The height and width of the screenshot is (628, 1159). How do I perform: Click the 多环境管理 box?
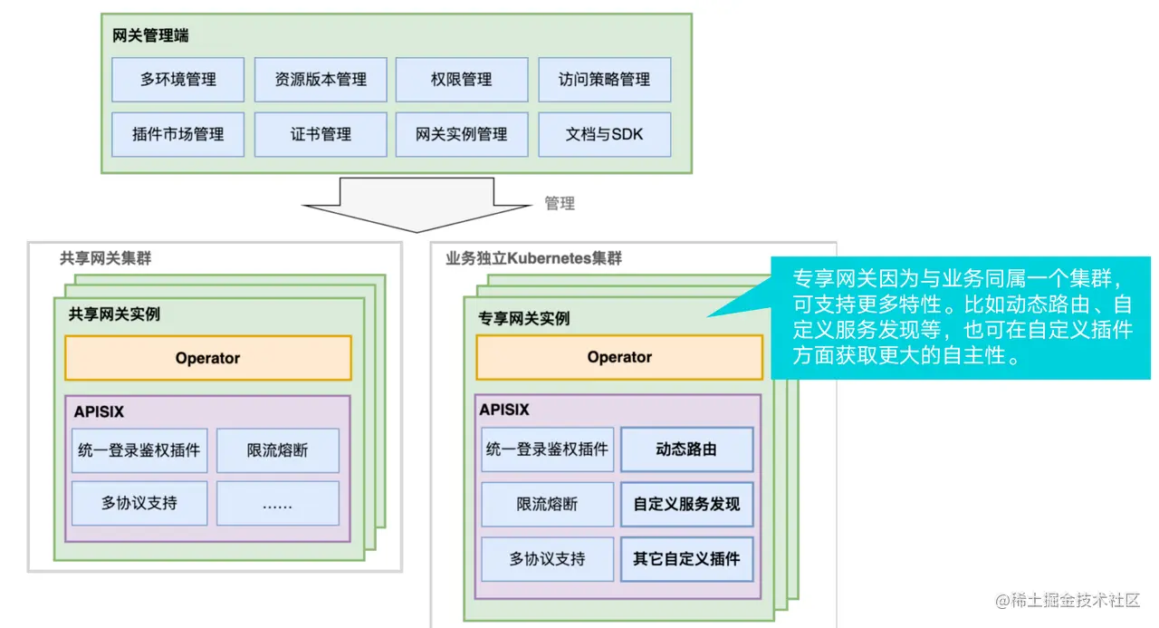pos(177,80)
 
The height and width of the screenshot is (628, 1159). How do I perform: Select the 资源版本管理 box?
pos(321,80)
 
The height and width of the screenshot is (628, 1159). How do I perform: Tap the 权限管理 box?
pos(462,80)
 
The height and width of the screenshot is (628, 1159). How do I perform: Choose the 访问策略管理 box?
pos(604,80)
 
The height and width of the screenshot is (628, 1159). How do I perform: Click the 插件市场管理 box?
pos(177,134)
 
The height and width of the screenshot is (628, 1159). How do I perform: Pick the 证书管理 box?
pos(321,134)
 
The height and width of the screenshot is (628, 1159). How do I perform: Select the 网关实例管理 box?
pos(462,134)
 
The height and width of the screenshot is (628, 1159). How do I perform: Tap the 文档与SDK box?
pos(604,134)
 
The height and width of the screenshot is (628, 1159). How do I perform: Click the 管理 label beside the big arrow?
pos(560,204)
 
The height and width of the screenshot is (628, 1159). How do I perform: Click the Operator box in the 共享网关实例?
pos(207,358)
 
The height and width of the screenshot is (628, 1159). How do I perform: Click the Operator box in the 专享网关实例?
pos(619,357)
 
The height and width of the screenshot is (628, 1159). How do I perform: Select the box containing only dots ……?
pos(278,504)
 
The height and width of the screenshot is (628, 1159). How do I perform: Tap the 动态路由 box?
pos(686,449)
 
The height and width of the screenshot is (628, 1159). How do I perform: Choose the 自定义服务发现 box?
pos(686,505)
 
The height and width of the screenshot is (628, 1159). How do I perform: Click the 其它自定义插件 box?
pos(686,559)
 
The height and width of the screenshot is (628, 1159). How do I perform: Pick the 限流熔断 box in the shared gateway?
pos(278,450)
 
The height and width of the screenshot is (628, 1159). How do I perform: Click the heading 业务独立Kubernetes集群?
pos(534,258)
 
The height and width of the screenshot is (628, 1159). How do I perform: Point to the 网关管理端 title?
pos(151,37)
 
